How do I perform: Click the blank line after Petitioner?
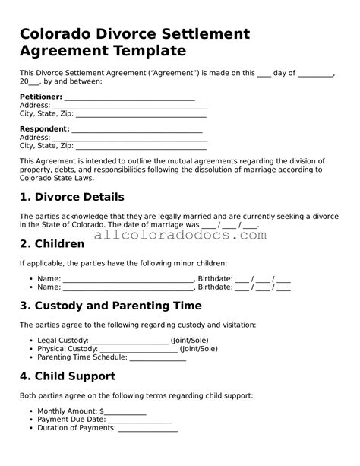pyautogui.click(x=130, y=99)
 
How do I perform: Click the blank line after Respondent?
pyautogui.click(x=137, y=130)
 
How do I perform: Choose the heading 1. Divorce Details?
pyautogui.click(x=71, y=197)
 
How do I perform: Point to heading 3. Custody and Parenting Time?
pyautogui.click(x=110, y=306)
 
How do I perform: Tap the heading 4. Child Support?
pyautogui.click(x=67, y=376)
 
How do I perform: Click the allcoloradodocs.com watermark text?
pyautogui.click(x=180, y=235)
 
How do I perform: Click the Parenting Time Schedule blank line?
pyautogui.click(x=157, y=357)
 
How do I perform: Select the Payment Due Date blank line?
pyautogui.click(x=139, y=420)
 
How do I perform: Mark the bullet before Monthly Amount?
pyautogui.click(x=30, y=411)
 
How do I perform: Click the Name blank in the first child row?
pyautogui.click(x=128, y=279)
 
